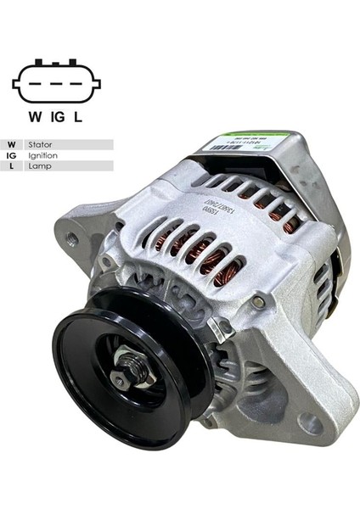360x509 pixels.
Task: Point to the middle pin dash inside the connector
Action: [56, 84]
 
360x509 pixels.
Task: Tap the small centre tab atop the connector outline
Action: [56, 61]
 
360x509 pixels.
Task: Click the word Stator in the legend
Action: [40, 145]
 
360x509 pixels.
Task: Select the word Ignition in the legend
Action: [42, 156]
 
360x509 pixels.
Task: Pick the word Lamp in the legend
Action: [37, 167]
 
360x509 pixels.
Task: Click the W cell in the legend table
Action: [11, 145]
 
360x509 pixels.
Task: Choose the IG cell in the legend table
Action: [11, 156]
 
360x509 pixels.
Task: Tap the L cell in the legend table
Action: [11, 167]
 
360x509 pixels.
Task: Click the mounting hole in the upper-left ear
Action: [73, 241]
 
